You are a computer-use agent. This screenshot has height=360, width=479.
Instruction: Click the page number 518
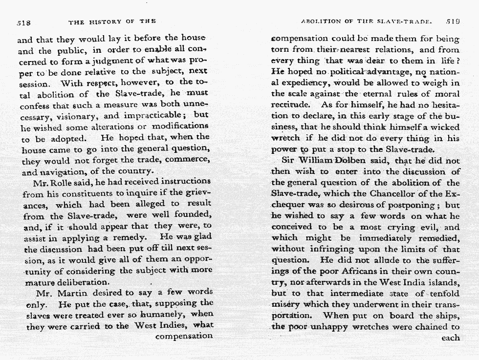tap(23, 21)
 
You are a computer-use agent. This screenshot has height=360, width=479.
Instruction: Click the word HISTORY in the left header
tap(105, 21)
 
